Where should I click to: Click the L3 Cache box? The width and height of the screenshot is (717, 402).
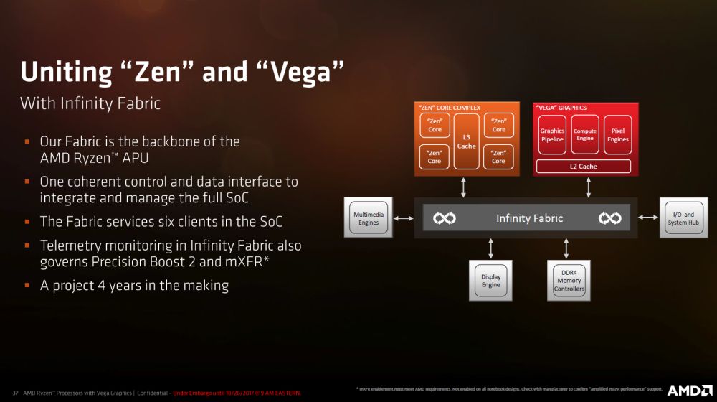tap(466, 140)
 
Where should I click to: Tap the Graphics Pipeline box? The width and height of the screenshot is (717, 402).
tap(552, 135)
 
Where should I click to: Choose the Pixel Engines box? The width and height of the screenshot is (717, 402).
tap(617, 135)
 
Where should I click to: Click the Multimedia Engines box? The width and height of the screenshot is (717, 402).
tap(369, 218)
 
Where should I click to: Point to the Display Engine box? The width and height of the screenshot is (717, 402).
tap(491, 281)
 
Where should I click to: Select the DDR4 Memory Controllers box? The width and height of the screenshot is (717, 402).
tap(569, 281)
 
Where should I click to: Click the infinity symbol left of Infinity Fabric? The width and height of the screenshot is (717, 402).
tap(445, 218)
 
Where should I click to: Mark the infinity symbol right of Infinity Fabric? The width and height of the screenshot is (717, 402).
tap(610, 218)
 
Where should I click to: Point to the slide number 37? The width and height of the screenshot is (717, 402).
tap(15, 393)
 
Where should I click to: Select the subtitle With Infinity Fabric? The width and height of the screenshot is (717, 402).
tap(90, 103)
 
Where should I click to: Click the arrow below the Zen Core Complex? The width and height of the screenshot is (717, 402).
tap(465, 187)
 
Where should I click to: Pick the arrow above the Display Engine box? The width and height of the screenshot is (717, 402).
tap(491, 248)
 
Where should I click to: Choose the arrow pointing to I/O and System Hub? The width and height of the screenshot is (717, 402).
tap(648, 218)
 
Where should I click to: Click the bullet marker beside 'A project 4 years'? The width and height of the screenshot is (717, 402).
tap(27, 286)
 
